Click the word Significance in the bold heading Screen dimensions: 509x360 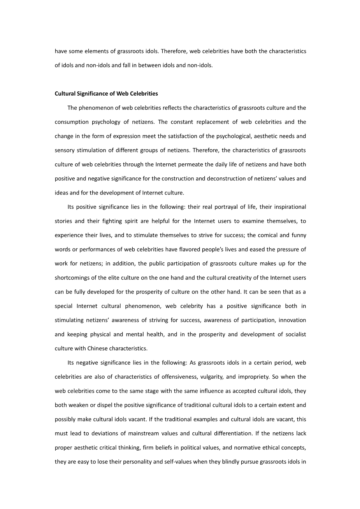pyautogui.click(x=90, y=94)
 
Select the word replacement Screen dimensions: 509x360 pyautogui.click(x=219, y=122)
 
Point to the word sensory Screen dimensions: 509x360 pyautogui.click(x=63, y=150)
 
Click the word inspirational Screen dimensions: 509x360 pyautogui.click(x=288, y=207)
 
